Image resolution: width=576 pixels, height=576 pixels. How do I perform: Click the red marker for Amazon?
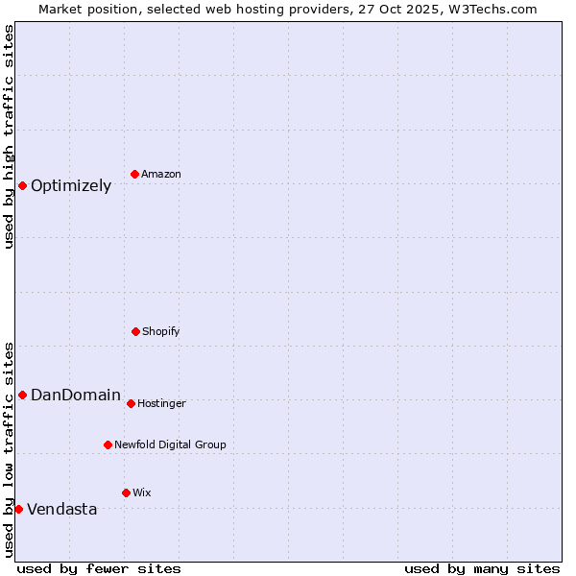135,174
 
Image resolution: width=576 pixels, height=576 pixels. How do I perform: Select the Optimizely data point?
22,185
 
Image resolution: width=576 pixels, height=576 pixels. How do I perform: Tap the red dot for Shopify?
135,331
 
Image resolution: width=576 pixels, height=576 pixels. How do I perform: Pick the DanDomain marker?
22,395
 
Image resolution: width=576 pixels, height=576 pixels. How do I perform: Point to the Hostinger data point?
131,403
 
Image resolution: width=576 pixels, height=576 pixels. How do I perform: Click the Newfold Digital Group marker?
108,444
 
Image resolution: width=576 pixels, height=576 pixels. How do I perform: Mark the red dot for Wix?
126,492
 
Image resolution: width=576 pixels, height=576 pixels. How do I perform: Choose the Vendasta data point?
18,509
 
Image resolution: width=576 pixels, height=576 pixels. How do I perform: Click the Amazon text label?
161,175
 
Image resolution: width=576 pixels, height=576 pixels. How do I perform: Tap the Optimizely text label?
71,186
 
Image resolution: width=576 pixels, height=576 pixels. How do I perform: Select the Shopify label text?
161,332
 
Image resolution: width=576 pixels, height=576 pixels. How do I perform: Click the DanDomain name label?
76,396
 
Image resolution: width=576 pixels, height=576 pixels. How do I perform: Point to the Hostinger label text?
161,404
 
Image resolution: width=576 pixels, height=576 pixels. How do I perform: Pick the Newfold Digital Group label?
170,445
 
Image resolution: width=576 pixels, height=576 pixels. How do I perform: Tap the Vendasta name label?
61,510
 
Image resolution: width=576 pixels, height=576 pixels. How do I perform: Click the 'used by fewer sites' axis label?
99,568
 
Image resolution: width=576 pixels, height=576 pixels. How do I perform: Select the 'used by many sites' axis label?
482,568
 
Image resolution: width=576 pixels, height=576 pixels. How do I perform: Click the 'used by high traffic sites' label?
9,136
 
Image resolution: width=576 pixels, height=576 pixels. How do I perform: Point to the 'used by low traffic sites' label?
9,448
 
